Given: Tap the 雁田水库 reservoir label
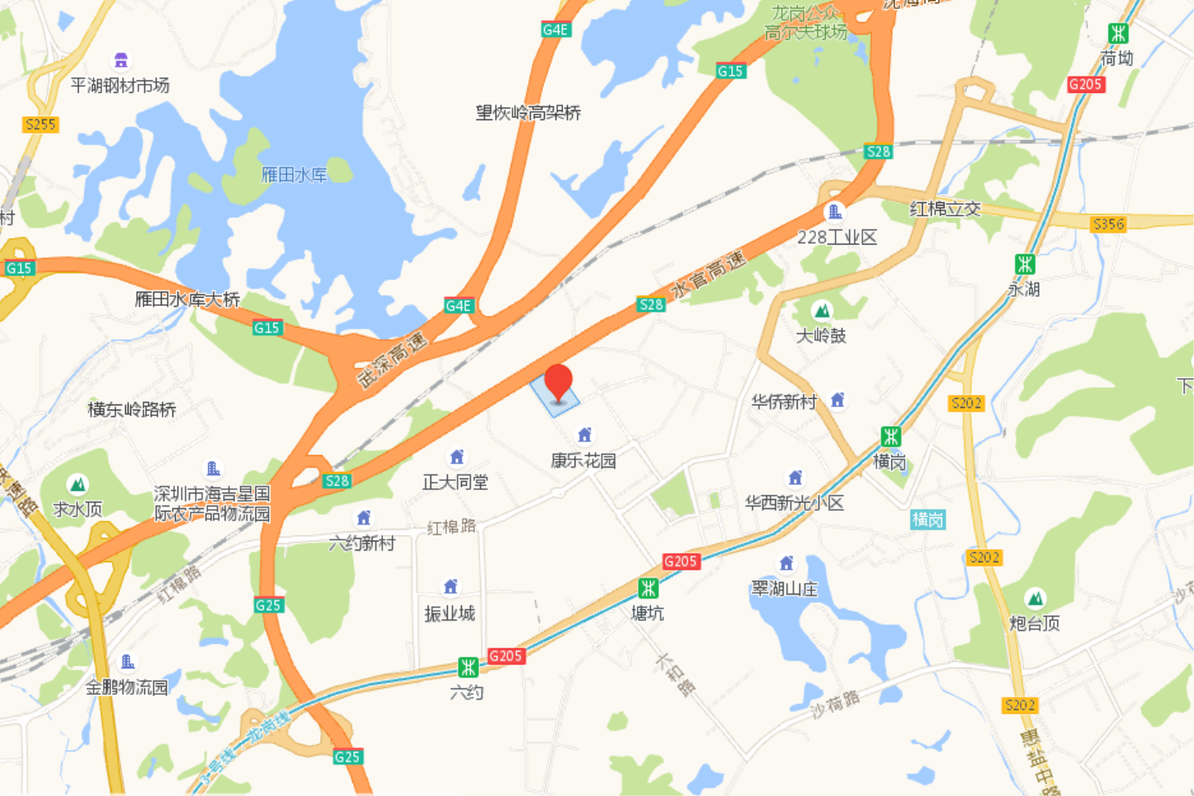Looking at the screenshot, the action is (x=294, y=174).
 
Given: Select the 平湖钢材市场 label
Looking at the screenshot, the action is (x=120, y=85).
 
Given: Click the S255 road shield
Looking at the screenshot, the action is (x=40, y=124).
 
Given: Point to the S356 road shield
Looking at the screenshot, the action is (x=1109, y=224).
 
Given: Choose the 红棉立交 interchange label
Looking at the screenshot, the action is (x=945, y=209).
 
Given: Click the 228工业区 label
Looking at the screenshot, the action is (x=837, y=238).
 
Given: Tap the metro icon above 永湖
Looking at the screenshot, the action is (x=1025, y=265).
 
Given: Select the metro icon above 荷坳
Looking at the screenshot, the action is (x=1118, y=33).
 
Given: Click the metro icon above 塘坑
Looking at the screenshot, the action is (x=648, y=589).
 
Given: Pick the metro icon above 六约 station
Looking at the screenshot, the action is (x=468, y=667).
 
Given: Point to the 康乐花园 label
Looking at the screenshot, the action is (x=584, y=461).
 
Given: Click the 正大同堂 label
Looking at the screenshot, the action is (x=455, y=483).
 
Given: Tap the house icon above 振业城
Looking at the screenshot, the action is (x=450, y=587).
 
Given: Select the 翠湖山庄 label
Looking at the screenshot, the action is (x=784, y=589).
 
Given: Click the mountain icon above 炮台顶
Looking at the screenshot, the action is (x=1034, y=599).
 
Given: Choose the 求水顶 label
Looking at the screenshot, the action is (x=77, y=509).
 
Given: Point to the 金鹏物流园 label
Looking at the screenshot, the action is (x=127, y=687).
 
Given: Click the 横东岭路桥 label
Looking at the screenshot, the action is (x=132, y=410).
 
